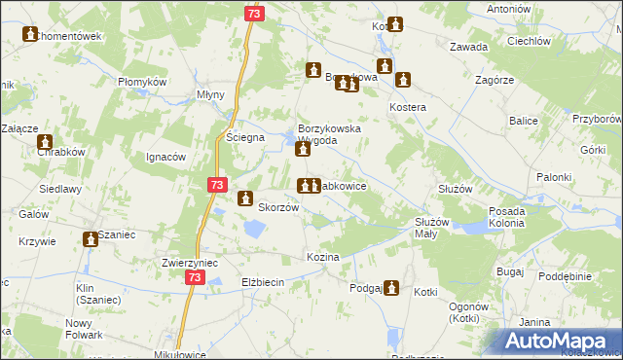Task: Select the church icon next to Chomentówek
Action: click(x=29, y=35)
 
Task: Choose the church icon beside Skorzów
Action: click(x=245, y=198)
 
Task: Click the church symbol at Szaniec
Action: click(x=91, y=236)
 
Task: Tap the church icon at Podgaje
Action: click(x=391, y=287)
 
